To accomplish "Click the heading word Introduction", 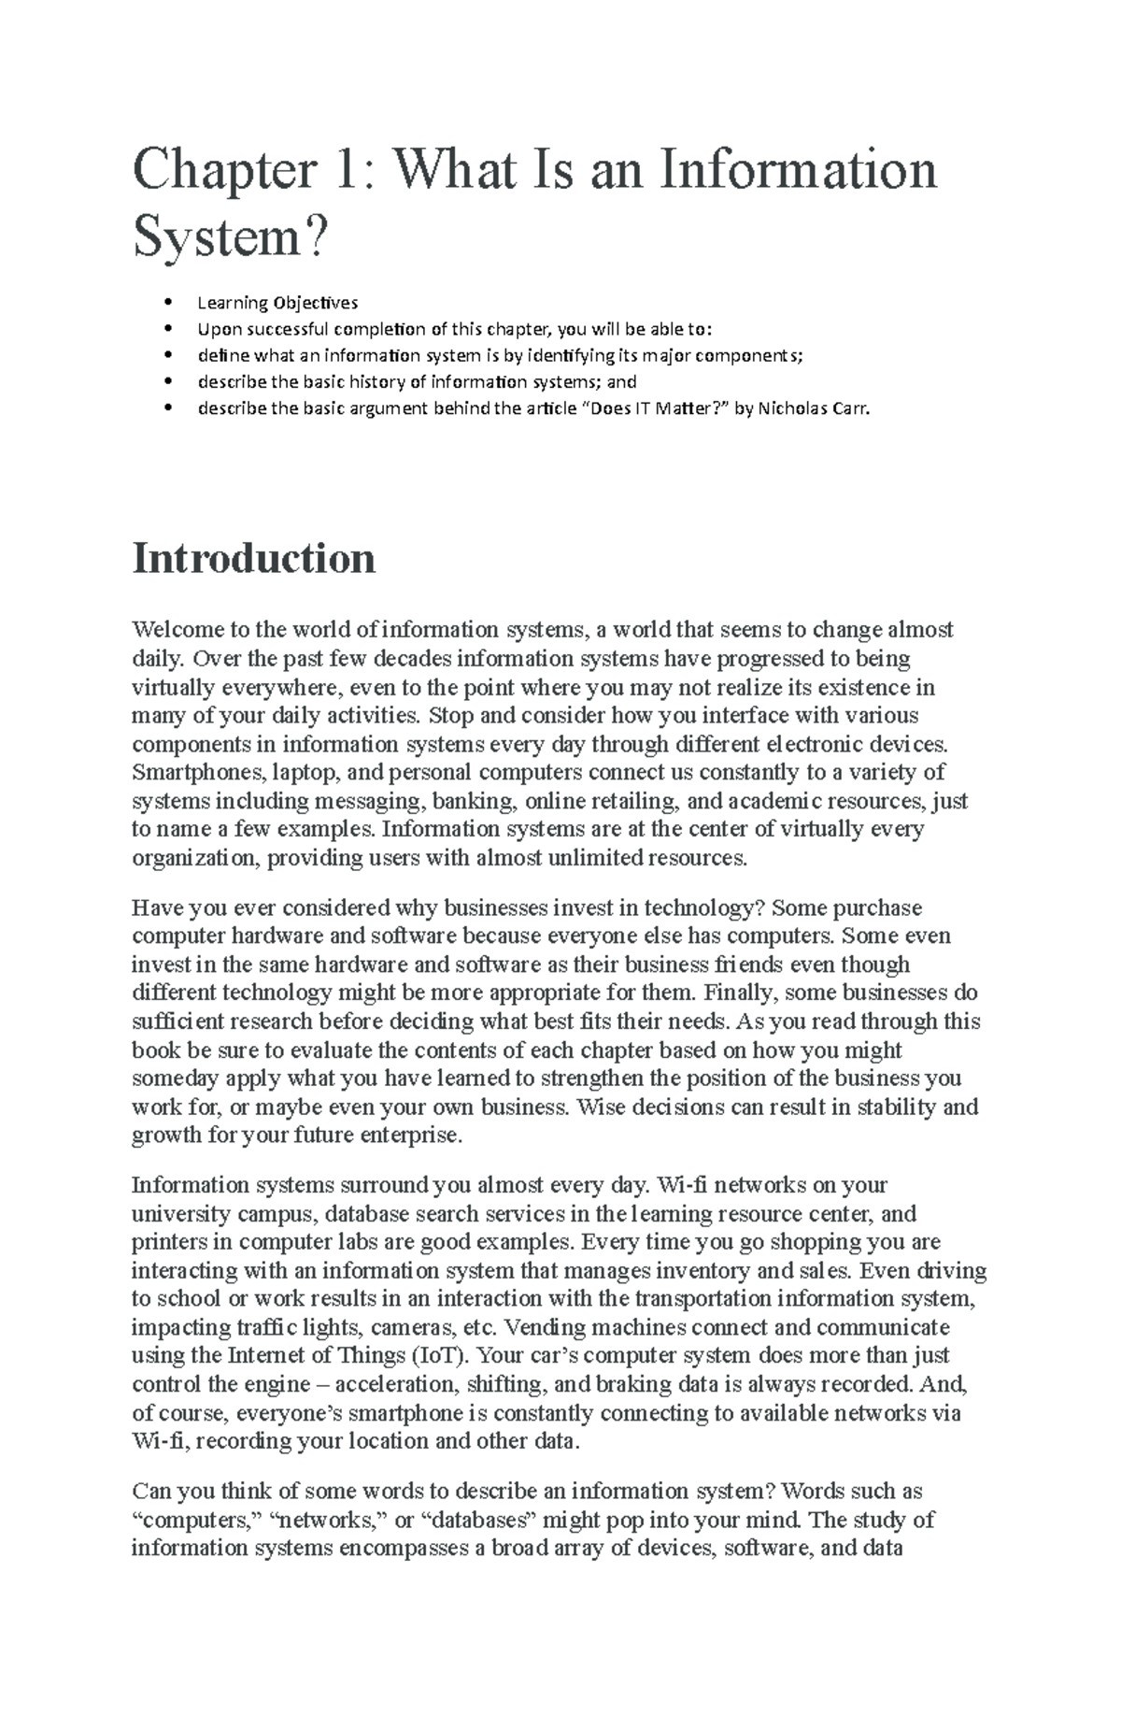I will [254, 559].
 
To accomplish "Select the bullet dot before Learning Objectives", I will [169, 303].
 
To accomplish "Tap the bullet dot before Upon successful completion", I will [169, 329].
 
